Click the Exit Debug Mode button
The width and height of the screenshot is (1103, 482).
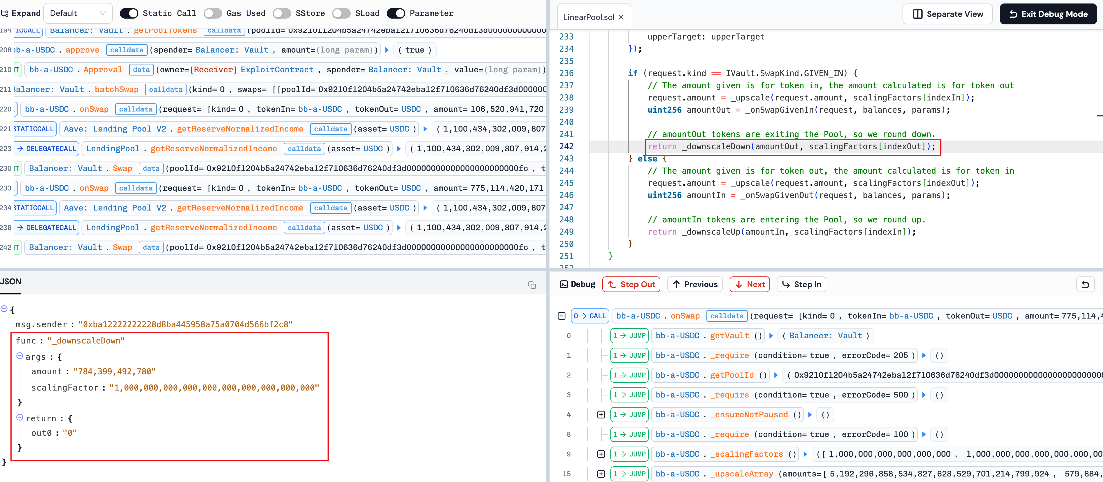(x=1048, y=14)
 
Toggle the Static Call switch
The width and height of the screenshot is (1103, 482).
(x=129, y=13)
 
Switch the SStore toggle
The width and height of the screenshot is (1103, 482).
(x=282, y=13)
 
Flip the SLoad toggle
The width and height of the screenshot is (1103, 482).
(x=341, y=13)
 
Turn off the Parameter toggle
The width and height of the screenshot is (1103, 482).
(x=396, y=13)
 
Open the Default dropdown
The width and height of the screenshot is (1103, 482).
(x=78, y=13)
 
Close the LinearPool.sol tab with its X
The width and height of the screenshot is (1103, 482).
(x=621, y=17)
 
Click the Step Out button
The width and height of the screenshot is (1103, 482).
(x=631, y=285)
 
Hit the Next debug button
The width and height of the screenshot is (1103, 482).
(x=750, y=285)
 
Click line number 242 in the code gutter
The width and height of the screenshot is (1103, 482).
(x=566, y=147)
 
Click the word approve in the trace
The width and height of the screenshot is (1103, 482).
(x=82, y=50)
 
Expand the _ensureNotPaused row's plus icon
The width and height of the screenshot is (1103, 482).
(x=601, y=415)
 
